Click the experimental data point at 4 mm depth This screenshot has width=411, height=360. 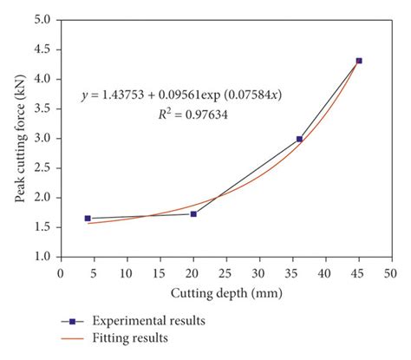coord(88,219)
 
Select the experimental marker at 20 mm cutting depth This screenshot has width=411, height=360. coord(193,213)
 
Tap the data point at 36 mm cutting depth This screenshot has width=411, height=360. coord(299,139)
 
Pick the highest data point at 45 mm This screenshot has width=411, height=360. coord(359,61)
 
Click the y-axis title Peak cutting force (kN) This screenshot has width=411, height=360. coord(18,139)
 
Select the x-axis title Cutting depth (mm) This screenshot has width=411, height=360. coord(225,294)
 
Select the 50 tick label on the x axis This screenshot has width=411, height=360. coord(392,272)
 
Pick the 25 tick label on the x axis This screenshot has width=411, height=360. coord(226,272)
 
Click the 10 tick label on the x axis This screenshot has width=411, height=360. coord(127,272)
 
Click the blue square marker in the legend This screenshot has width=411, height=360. coord(76,320)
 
